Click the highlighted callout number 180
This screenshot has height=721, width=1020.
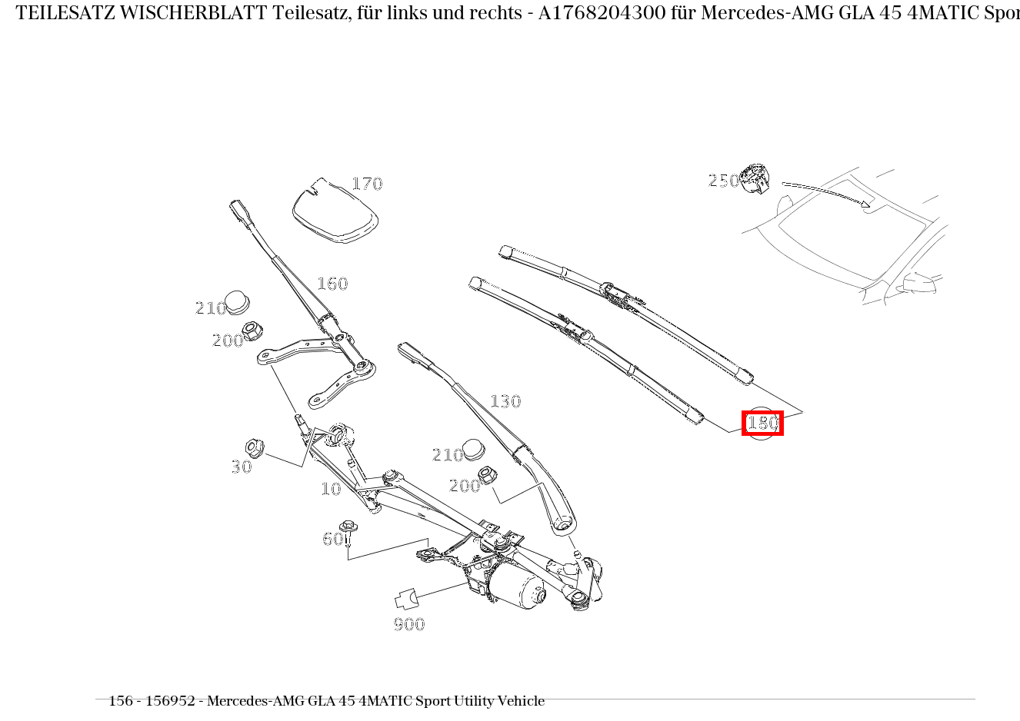762,423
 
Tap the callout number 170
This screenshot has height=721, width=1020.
367,184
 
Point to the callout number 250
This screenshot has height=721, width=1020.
722,181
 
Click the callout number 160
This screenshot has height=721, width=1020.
332,284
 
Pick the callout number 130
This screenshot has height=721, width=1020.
505,401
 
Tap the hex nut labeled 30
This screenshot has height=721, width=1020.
254,447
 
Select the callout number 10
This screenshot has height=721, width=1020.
331,489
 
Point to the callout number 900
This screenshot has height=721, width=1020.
409,624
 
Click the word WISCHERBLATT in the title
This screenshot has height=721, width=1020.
194,13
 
